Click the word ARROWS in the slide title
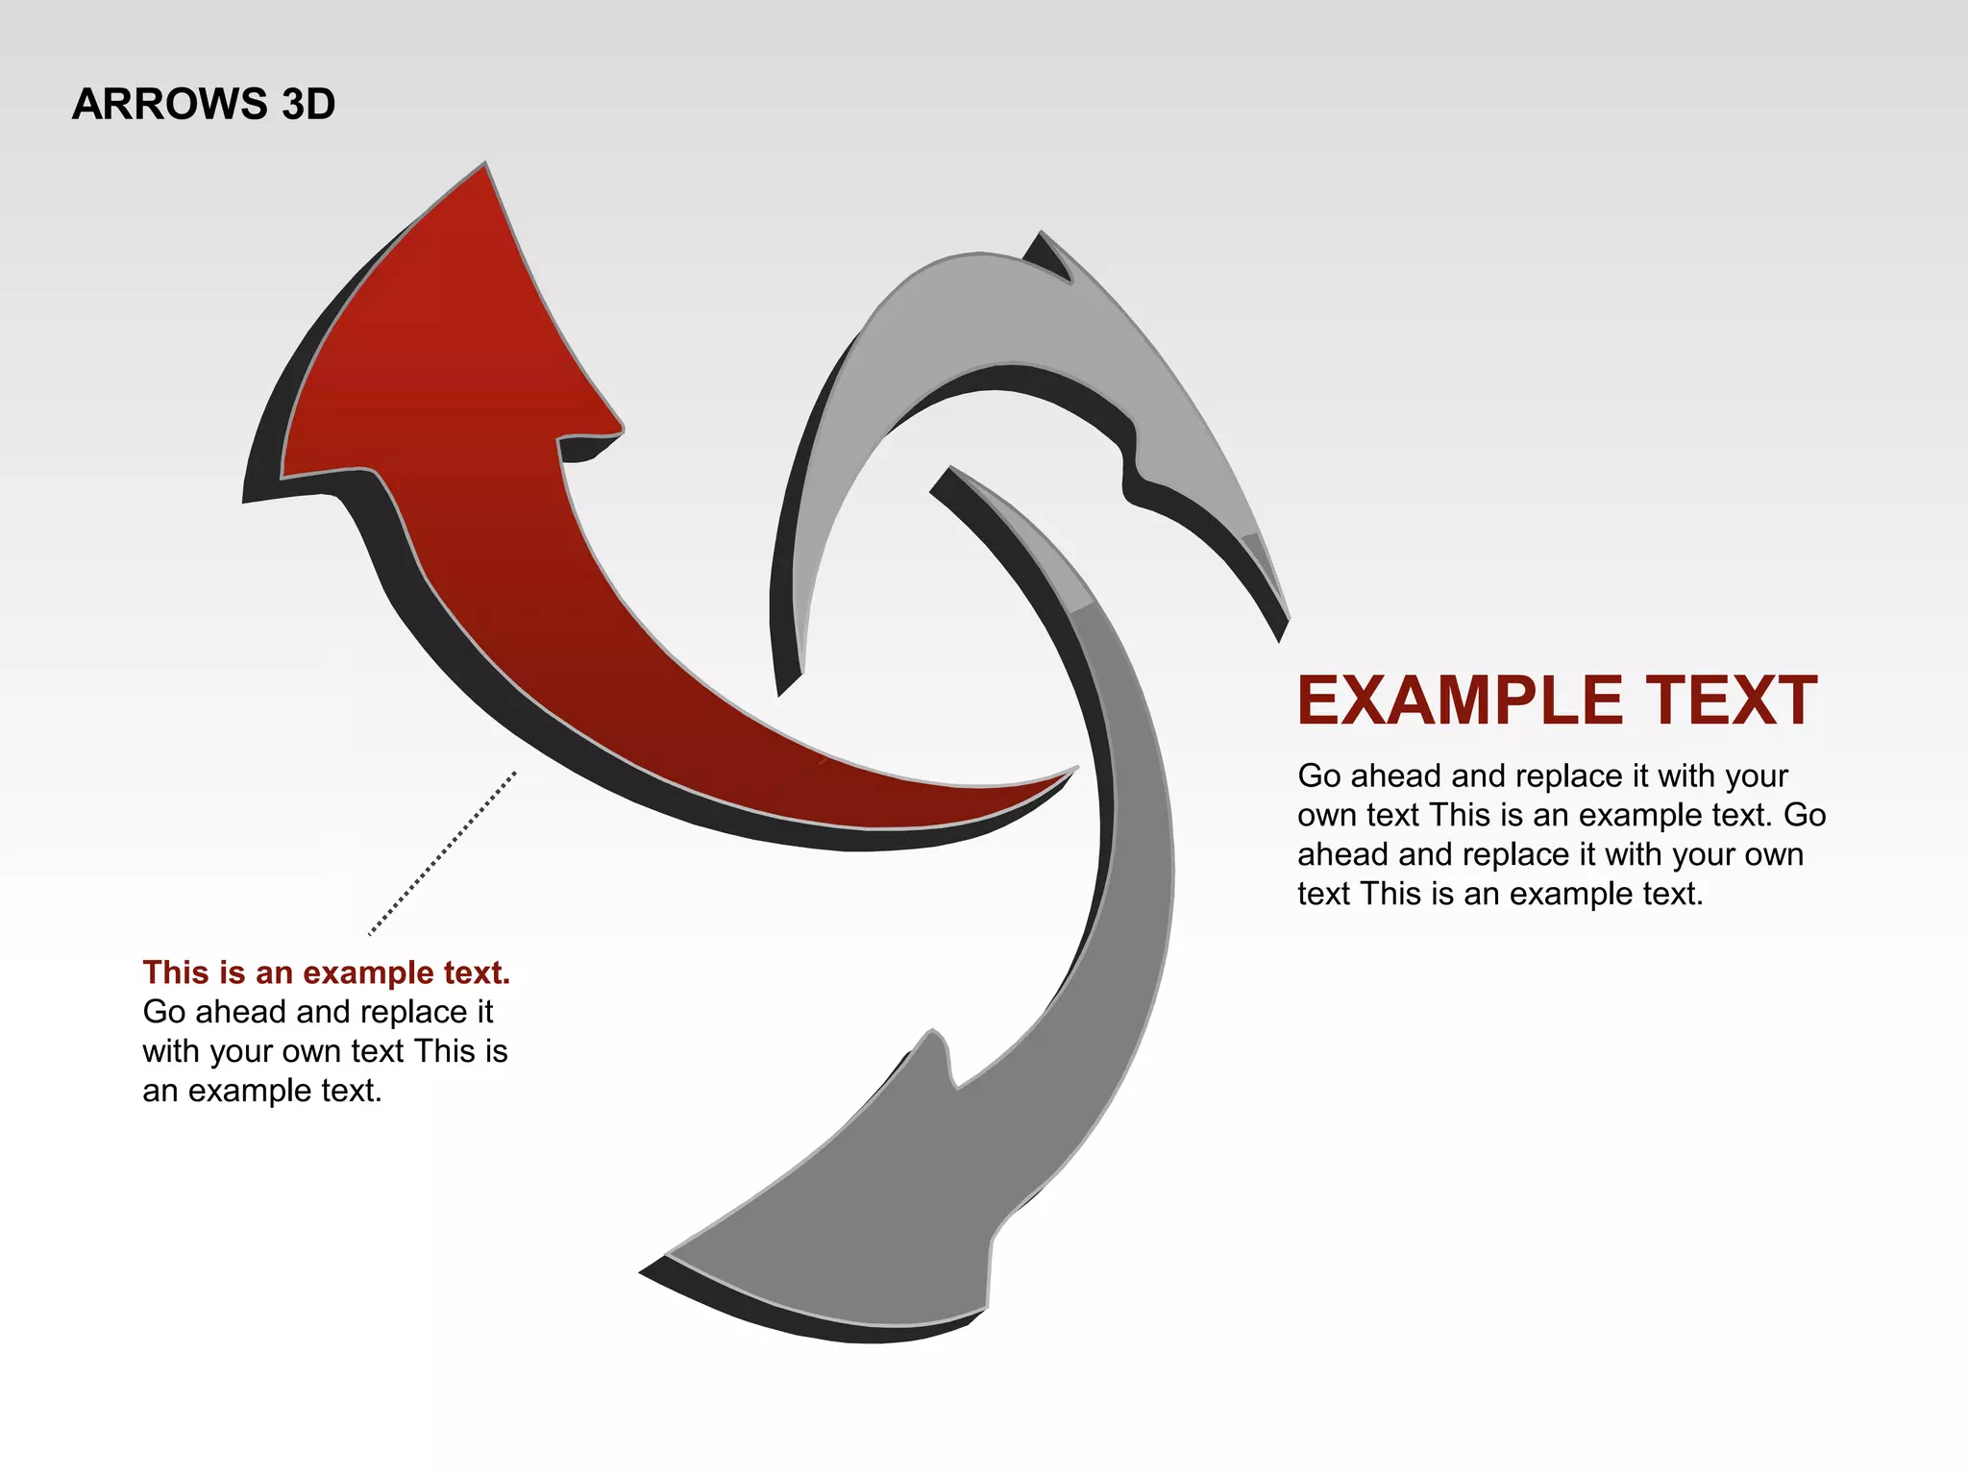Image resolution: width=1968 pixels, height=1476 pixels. [169, 104]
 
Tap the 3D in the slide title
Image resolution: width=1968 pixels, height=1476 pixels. [308, 104]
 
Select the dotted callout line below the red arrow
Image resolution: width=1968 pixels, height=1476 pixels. [443, 852]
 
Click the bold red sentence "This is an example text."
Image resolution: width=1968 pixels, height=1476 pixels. [326, 972]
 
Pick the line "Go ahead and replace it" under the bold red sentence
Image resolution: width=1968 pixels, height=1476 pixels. [318, 1012]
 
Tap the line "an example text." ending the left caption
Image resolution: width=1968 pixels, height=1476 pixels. [262, 1091]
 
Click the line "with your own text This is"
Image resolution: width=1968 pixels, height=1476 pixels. [325, 1051]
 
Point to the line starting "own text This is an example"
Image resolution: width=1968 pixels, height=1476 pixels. [1561, 815]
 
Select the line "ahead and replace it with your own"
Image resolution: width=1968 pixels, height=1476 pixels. [1550, 854]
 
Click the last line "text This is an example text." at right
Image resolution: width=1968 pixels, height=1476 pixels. [1499, 894]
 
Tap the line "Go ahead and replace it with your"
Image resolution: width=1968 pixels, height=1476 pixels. [1542, 775]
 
